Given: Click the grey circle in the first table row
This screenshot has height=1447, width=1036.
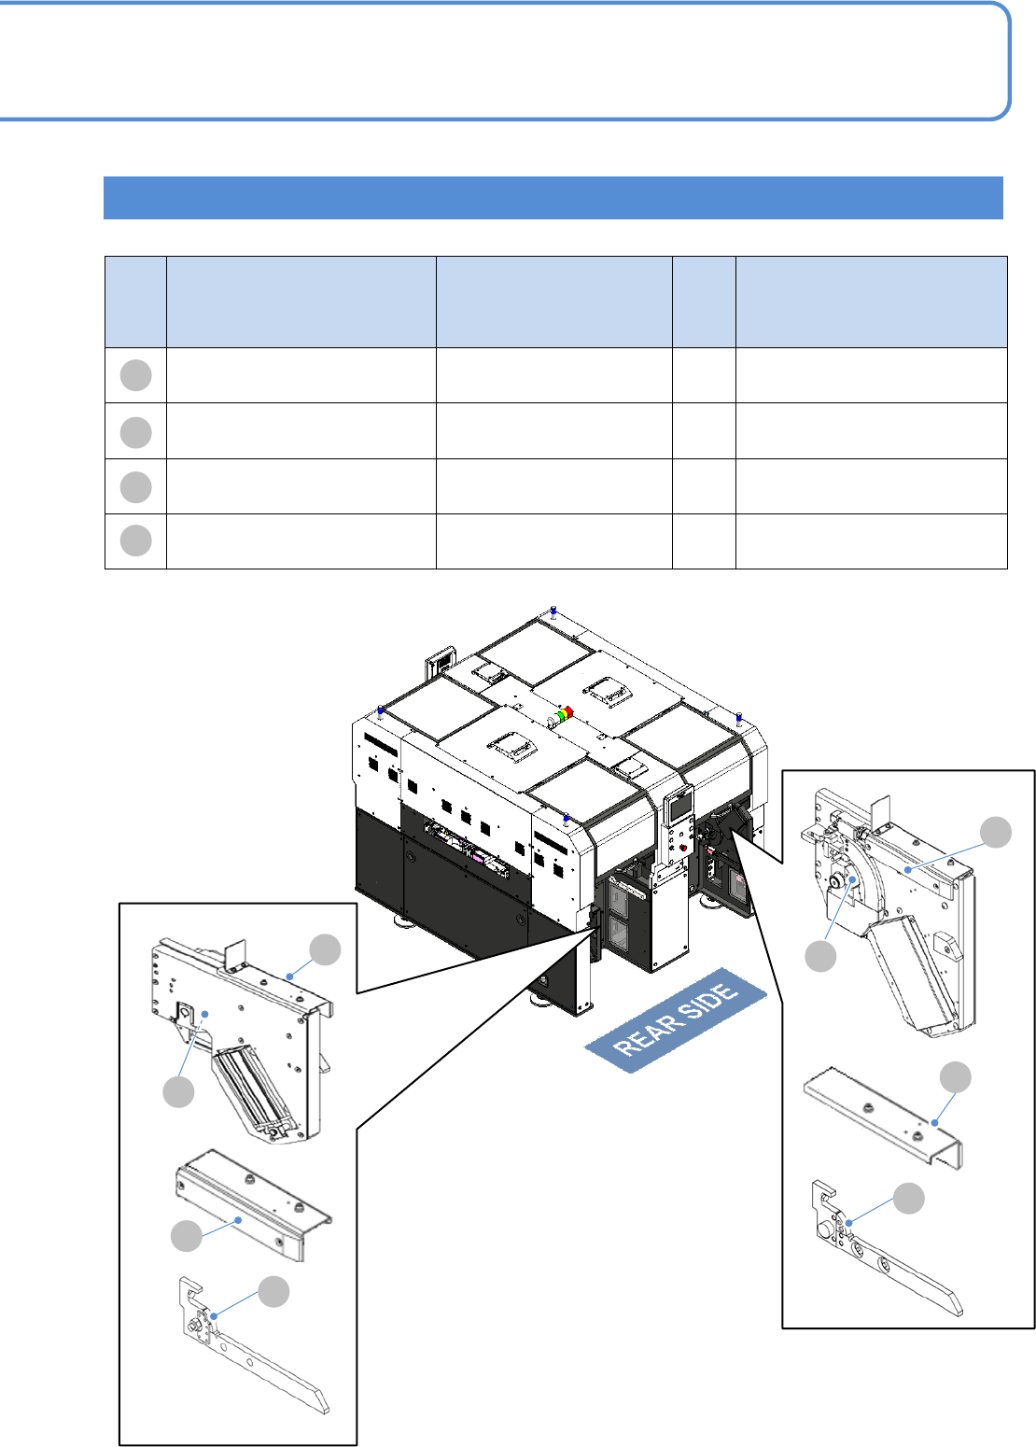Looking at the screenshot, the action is tap(135, 375).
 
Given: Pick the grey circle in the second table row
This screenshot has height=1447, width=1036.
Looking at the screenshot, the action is tap(135, 432).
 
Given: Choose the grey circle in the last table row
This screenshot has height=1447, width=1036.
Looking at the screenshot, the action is tap(135, 541).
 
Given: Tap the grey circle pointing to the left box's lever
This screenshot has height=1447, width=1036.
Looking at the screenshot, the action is tap(273, 1291).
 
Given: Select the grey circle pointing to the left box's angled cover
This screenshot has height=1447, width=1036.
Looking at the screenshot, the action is tap(186, 1236).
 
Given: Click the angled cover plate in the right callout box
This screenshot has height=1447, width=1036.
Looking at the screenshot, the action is tap(883, 1117).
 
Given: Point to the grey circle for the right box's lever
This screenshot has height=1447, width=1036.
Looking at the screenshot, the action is tap(909, 1199).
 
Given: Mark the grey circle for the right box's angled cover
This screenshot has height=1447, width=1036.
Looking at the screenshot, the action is tap(955, 1077).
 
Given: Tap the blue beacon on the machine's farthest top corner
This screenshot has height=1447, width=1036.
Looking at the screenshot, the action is tap(553, 609).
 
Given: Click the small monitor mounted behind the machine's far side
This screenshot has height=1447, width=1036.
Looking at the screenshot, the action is tap(440, 662).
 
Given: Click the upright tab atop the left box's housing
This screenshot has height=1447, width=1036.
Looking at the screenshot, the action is tap(235, 953).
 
